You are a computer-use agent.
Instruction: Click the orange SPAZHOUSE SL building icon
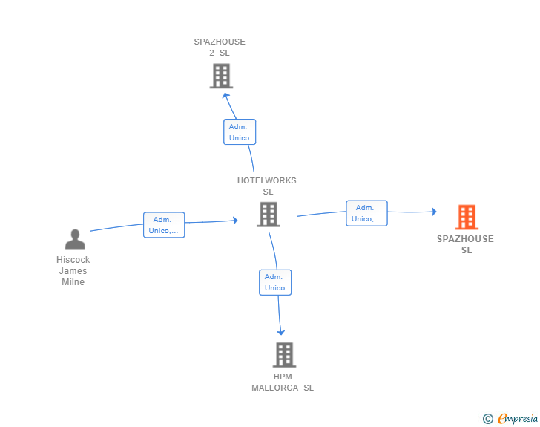[x=467, y=217]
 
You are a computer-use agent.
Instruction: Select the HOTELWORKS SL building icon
[x=269, y=214]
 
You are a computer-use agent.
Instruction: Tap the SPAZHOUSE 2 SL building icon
[x=221, y=76]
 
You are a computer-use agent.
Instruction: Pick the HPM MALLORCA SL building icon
[x=284, y=354]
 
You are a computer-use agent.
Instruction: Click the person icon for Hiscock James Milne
[x=75, y=239]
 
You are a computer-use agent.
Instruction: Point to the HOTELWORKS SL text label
[x=267, y=186]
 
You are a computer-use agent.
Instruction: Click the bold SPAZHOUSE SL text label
[x=465, y=244]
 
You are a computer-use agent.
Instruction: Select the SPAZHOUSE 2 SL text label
[x=220, y=48]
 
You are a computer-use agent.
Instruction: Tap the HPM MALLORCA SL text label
[x=283, y=382]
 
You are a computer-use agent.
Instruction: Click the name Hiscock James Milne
[x=73, y=271]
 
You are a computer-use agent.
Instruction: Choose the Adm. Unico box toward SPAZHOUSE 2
[x=240, y=131]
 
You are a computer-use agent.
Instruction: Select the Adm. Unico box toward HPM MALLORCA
[x=275, y=282]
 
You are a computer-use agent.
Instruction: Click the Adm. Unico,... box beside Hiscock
[x=164, y=225]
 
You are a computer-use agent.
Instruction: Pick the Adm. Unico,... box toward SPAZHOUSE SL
[x=366, y=213]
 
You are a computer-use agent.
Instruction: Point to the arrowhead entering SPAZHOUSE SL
[x=435, y=212]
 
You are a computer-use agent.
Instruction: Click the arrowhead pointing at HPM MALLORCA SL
[x=280, y=333]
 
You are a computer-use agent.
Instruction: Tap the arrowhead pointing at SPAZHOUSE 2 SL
[x=226, y=96]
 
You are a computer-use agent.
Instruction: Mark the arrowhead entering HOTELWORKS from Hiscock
[x=236, y=220]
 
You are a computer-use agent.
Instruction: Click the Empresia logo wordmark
[x=518, y=418]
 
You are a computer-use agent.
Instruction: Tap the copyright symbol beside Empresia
[x=488, y=419]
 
